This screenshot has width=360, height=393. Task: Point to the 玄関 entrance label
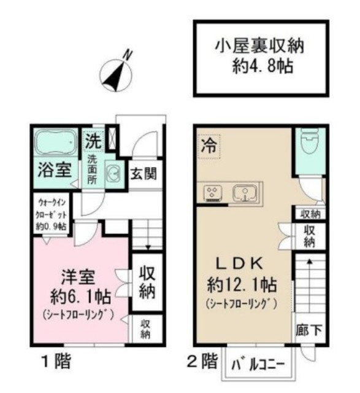pos(144,174)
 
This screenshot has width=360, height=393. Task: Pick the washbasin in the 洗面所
pos(113,174)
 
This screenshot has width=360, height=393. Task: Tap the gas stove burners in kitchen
pos(212,193)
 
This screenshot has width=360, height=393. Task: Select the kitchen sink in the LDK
pos(245,193)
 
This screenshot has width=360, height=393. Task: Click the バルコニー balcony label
pos(258,365)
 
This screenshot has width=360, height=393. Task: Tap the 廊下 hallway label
pos(308,329)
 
